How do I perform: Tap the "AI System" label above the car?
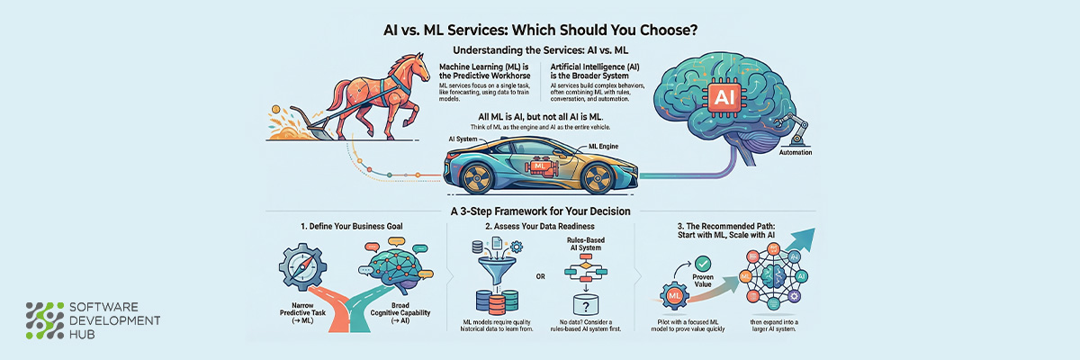tap(463, 140)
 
